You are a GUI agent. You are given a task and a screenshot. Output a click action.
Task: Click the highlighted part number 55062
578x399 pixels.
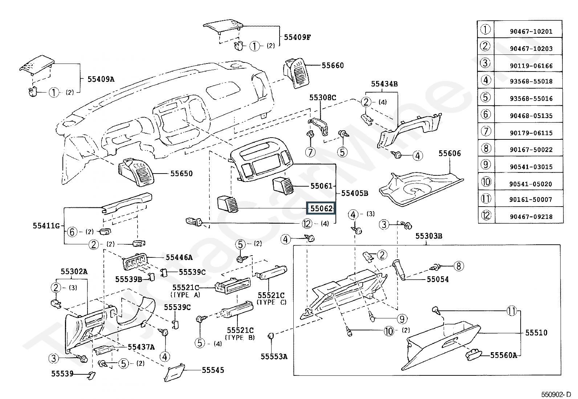click(x=320, y=209)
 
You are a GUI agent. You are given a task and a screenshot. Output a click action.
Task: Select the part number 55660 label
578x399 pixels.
click(x=333, y=66)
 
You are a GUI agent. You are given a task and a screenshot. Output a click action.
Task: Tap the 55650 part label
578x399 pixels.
click(x=182, y=174)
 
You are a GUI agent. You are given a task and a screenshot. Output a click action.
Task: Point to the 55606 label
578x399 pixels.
click(x=449, y=154)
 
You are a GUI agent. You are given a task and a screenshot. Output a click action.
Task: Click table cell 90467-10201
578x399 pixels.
click(x=531, y=32)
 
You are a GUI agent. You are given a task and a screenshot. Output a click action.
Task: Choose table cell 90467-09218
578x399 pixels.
click(x=531, y=217)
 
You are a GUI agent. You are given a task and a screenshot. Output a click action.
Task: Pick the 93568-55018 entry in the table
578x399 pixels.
click(x=531, y=81)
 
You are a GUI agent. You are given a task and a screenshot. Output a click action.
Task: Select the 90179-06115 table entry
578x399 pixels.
click(x=531, y=133)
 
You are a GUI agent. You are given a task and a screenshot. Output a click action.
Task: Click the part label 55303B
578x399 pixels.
click(x=429, y=236)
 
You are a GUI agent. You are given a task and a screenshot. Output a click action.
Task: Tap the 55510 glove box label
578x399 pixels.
click(x=536, y=333)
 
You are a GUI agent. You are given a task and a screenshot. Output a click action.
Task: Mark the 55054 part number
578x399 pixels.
click(x=437, y=279)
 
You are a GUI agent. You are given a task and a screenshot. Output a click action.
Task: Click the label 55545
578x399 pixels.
click(x=213, y=370)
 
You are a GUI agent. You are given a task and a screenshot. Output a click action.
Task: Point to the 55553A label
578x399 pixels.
click(x=274, y=357)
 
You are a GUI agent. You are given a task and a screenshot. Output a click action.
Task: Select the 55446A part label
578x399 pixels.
click(x=179, y=257)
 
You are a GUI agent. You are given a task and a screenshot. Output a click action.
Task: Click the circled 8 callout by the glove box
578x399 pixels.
click(x=459, y=266)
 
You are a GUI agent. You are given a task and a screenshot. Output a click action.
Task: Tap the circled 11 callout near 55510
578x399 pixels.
click(x=512, y=311)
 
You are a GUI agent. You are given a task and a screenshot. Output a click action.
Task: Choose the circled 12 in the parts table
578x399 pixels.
click(x=486, y=216)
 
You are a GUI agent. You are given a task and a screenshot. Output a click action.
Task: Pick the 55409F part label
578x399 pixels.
click(x=297, y=37)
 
